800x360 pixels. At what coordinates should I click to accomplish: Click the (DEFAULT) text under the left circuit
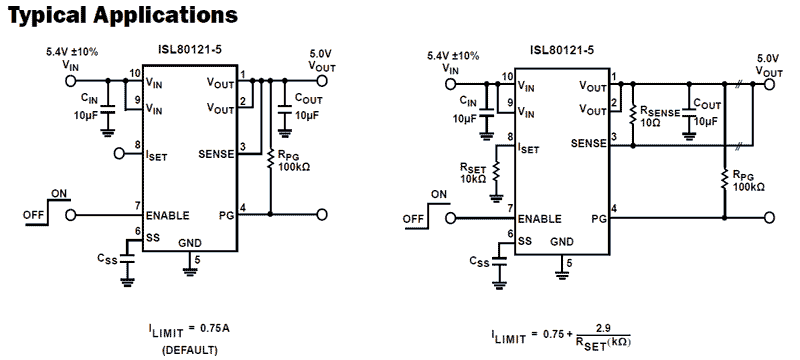pyautogui.click(x=189, y=350)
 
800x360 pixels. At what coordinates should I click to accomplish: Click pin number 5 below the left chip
pyautogui.click(x=197, y=260)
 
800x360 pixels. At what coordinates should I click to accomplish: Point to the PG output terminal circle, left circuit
pyautogui.click(x=322, y=214)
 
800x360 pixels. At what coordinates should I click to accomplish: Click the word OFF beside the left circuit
pyautogui.click(x=33, y=214)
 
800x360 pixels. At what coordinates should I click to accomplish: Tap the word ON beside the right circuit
pyautogui.click(x=439, y=195)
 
